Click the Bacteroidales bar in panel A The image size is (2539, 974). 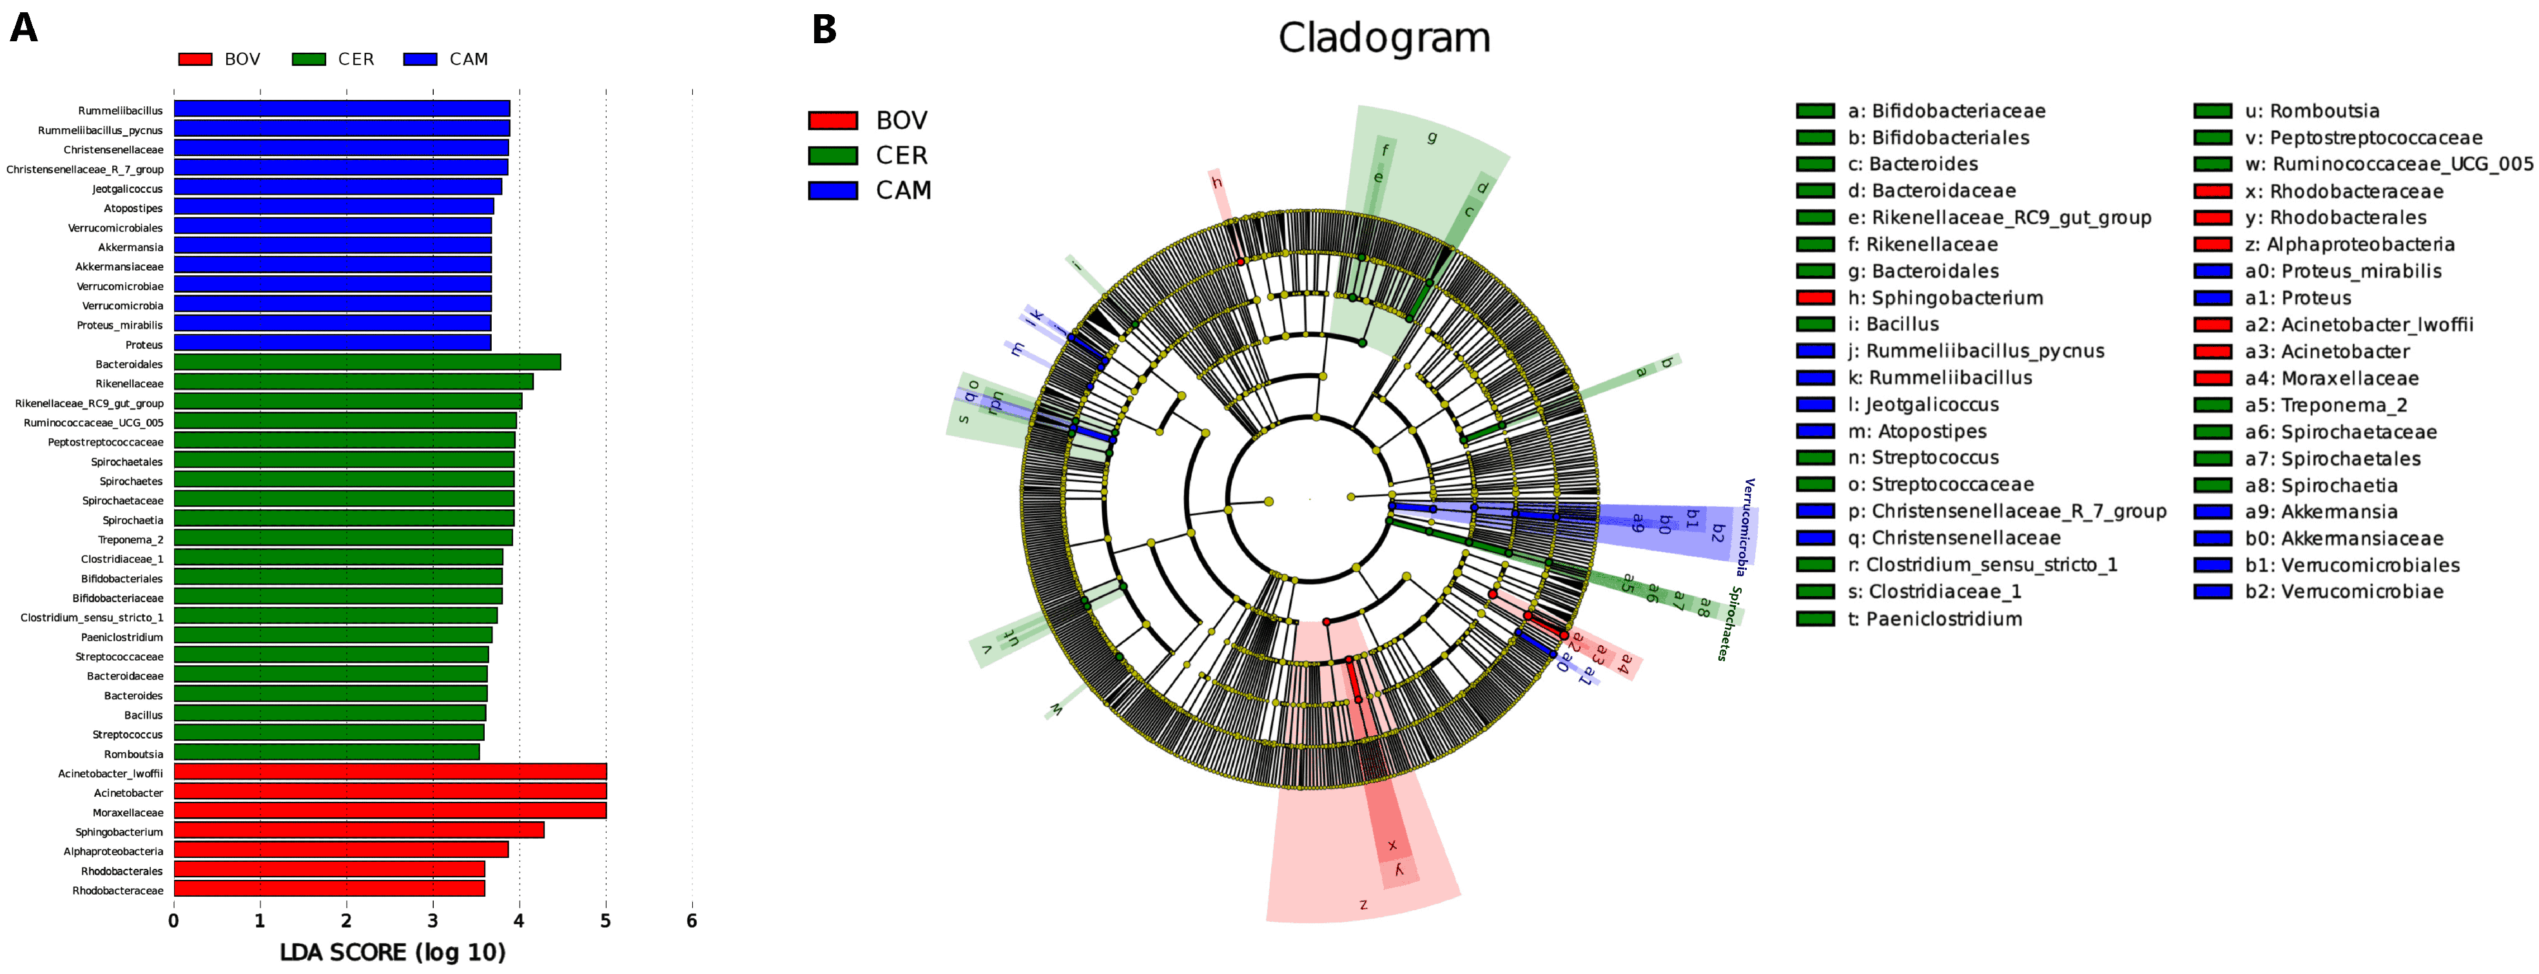[x=367, y=363]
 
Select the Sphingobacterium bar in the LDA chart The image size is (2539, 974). [x=359, y=831]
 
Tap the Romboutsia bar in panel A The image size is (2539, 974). [x=326, y=753]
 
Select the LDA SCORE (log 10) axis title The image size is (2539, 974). [x=393, y=952]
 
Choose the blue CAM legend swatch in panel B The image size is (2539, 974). [x=832, y=190]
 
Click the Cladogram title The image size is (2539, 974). [x=1384, y=37]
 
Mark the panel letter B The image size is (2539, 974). [x=824, y=30]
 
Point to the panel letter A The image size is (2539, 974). [x=24, y=28]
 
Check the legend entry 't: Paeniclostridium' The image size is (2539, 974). [x=1933, y=619]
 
